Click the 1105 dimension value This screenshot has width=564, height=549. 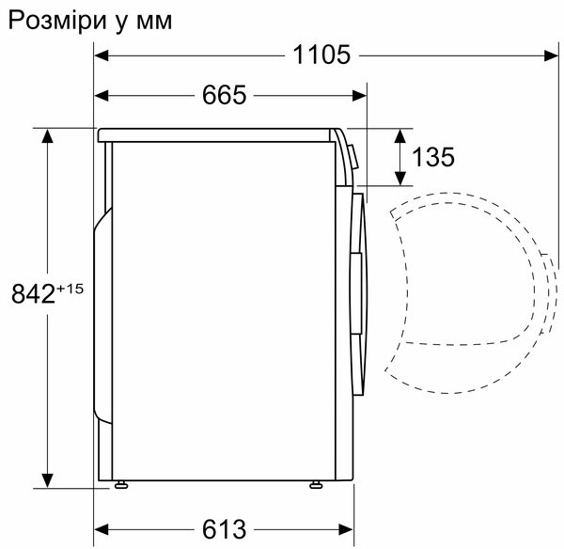(x=321, y=55)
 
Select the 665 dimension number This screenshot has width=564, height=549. (x=224, y=95)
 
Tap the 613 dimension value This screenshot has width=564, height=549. (x=224, y=529)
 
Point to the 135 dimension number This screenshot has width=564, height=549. (x=433, y=157)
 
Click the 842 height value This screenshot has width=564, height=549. (x=33, y=293)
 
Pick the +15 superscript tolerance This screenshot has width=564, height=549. (x=70, y=289)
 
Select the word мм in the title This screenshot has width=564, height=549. (x=154, y=22)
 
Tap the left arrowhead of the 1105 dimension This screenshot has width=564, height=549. (x=102, y=55)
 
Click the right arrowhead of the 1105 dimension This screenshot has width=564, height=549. (x=551, y=55)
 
